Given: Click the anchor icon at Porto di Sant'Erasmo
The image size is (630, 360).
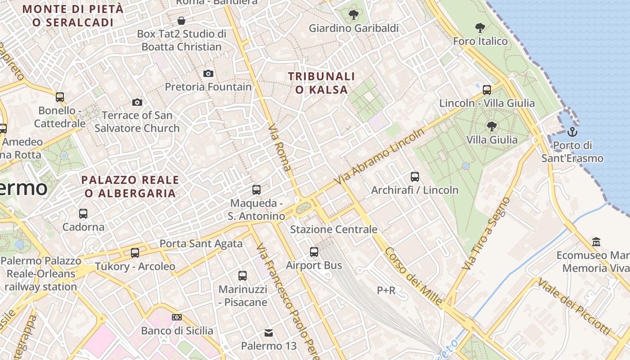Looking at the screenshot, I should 572,132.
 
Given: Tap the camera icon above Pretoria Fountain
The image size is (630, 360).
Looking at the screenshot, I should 208,73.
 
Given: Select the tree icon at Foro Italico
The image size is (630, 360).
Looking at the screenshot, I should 480,28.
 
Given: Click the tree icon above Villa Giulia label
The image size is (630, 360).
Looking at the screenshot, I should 492,126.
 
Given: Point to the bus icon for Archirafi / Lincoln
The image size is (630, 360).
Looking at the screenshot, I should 415,177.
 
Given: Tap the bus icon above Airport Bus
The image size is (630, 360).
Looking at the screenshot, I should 314,252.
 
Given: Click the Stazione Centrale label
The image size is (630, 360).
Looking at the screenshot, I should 333,229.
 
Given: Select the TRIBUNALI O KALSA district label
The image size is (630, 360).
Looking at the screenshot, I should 322,83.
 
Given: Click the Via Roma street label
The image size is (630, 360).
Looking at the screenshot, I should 279,149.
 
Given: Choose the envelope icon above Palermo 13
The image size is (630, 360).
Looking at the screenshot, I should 269,333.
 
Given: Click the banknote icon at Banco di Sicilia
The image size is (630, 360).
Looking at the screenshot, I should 177,317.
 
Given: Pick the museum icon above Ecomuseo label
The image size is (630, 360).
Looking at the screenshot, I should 596,242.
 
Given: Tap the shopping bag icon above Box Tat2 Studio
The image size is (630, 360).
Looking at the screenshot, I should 181,21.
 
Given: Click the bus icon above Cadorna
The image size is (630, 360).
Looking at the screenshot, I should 83,213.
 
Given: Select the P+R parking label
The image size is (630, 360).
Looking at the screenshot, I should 386,291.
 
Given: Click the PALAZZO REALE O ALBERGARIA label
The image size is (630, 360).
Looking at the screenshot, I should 130,187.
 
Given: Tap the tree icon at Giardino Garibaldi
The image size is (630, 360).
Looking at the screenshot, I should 354,15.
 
